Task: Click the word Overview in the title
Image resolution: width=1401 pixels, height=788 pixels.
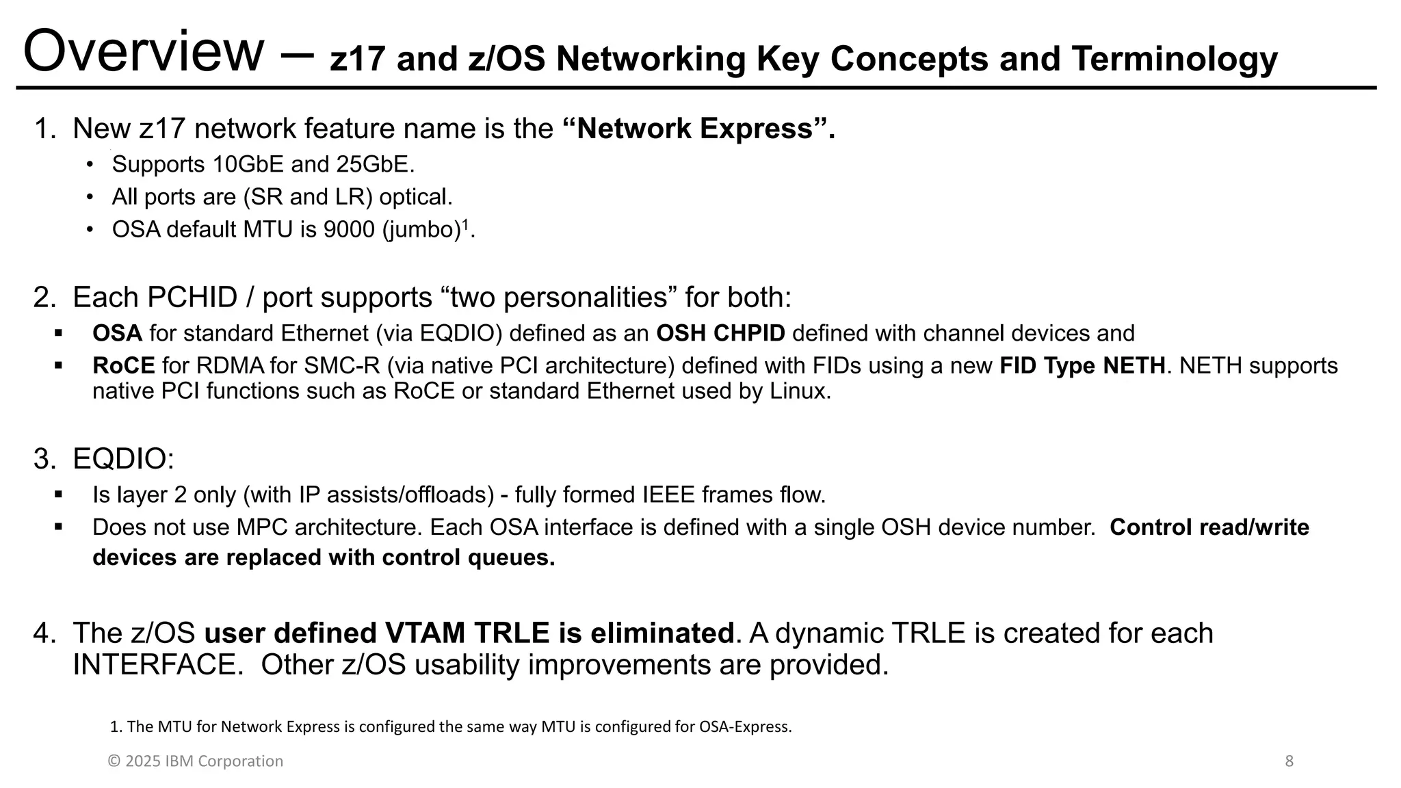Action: click(143, 52)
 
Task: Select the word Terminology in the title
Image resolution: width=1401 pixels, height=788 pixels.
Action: click(1174, 59)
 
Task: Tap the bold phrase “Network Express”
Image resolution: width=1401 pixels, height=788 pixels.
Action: click(698, 129)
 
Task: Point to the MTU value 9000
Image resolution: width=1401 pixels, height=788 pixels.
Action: click(349, 230)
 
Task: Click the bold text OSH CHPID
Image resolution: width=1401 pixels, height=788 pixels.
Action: click(720, 334)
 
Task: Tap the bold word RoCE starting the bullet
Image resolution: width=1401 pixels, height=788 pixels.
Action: click(124, 366)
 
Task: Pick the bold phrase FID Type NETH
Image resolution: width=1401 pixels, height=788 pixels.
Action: click(1082, 366)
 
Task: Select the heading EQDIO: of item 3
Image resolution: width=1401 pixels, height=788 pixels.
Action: click(123, 459)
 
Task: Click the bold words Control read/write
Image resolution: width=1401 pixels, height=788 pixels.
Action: click(1209, 527)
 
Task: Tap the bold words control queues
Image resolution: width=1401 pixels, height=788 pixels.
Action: click(468, 557)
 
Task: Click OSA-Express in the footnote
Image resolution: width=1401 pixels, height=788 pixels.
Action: click(744, 727)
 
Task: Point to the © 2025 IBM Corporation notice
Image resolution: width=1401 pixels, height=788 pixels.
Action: click(196, 761)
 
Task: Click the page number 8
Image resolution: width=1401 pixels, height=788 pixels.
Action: click(1289, 761)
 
